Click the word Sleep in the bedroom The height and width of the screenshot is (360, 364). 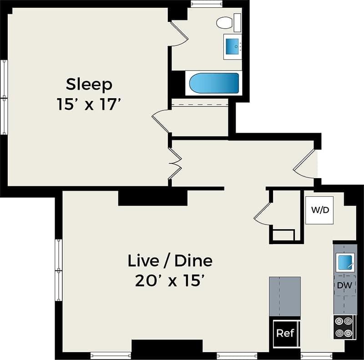(x=89, y=85)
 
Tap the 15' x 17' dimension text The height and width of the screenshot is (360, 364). (x=89, y=105)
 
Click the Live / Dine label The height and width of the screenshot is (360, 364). (x=170, y=261)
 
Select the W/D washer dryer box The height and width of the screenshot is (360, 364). (x=320, y=210)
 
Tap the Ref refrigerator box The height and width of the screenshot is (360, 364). (x=285, y=333)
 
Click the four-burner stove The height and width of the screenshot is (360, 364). (x=344, y=327)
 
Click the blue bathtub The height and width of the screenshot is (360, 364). (x=214, y=83)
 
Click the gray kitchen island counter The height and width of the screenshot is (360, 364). (x=285, y=296)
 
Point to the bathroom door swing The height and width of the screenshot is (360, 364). (x=179, y=34)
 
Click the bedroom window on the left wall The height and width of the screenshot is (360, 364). (x=4, y=97)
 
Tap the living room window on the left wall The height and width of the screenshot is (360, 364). (x=58, y=270)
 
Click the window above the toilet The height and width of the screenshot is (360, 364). (x=207, y=5)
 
